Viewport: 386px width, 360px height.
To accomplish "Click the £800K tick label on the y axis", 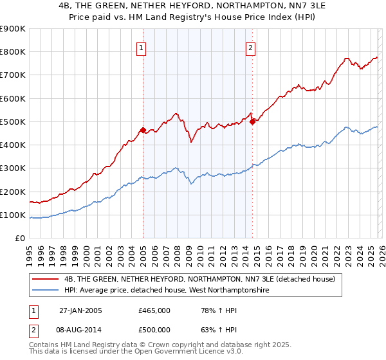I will [12, 52].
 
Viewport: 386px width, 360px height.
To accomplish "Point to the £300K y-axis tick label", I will [12, 168].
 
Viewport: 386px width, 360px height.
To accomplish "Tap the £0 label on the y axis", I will [19, 239].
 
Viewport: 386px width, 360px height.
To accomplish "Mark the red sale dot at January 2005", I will [143, 130].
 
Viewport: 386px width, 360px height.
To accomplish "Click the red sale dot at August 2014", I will [252, 122].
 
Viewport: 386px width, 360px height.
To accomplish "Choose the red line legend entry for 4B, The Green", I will [199, 279].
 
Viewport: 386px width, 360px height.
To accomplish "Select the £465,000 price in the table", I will [154, 310].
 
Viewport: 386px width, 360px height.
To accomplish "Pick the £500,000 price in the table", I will [154, 329].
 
